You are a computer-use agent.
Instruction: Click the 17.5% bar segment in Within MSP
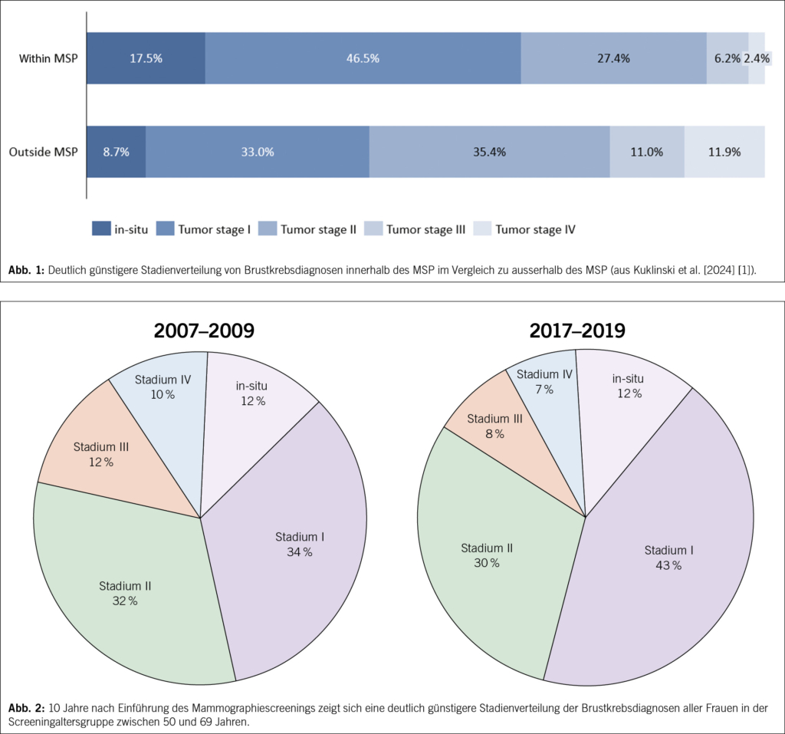click(x=146, y=58)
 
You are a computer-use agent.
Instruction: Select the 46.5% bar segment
click(x=363, y=58)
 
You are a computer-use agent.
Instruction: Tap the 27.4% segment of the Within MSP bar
click(x=613, y=58)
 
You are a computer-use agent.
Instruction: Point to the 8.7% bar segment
click(x=116, y=152)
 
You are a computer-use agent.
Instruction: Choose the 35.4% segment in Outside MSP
click(x=489, y=152)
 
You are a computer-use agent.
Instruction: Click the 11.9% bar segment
click(x=724, y=152)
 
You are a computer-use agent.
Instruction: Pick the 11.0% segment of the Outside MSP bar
click(x=647, y=152)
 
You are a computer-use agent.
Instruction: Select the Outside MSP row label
click(x=44, y=152)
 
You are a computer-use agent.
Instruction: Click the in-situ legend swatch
click(x=101, y=229)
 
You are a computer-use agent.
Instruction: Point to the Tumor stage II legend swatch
click(x=268, y=229)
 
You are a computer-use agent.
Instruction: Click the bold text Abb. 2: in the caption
click(x=26, y=706)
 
